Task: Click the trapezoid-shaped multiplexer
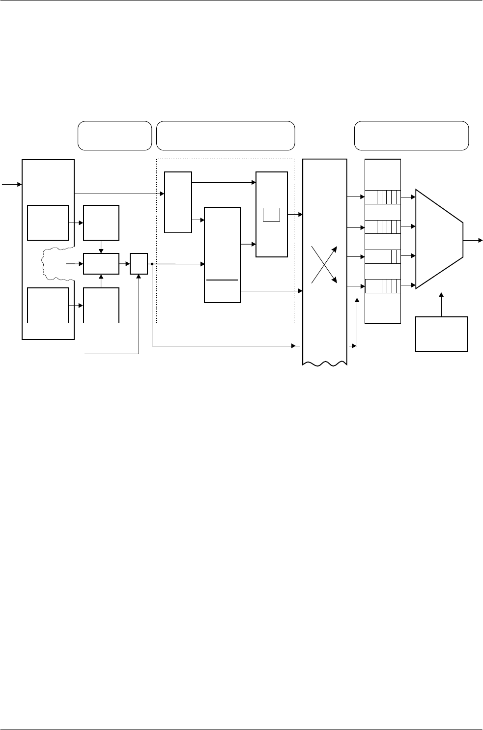coord(439,239)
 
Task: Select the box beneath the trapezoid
coord(441,334)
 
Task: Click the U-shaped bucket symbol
coord(271,215)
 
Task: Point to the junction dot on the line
coord(152,264)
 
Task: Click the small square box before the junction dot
coord(139,264)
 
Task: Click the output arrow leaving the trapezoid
coord(472,240)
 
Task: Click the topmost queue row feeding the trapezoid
coord(383,198)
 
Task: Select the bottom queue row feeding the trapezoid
coord(383,285)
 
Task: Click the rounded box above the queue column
coord(411,135)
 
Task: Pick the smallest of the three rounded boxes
coord(114,135)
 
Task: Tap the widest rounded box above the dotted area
coord(225,135)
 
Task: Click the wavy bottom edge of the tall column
coord(325,365)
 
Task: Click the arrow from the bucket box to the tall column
coord(296,214)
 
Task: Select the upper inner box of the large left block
coord(48,223)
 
